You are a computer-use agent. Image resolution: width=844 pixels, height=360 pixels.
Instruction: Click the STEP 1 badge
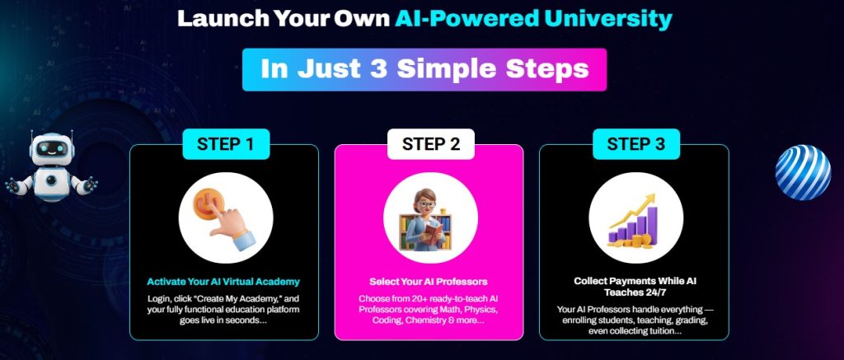click(226, 144)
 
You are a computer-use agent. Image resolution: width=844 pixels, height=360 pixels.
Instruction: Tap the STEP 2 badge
click(430, 144)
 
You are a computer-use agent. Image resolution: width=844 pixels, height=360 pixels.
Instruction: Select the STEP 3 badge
click(635, 144)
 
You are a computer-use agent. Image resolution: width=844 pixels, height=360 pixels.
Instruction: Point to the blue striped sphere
click(803, 172)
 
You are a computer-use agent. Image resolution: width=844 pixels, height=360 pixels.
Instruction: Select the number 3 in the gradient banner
click(378, 69)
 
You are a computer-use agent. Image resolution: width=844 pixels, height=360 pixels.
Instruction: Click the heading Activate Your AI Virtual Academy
click(223, 282)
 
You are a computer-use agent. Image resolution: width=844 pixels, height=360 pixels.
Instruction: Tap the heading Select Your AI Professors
click(429, 282)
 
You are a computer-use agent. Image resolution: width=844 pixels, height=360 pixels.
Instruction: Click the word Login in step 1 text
click(159, 299)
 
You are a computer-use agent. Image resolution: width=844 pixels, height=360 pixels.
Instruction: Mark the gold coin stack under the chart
click(640, 241)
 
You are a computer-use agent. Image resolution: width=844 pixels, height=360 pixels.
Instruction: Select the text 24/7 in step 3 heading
click(654, 292)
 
